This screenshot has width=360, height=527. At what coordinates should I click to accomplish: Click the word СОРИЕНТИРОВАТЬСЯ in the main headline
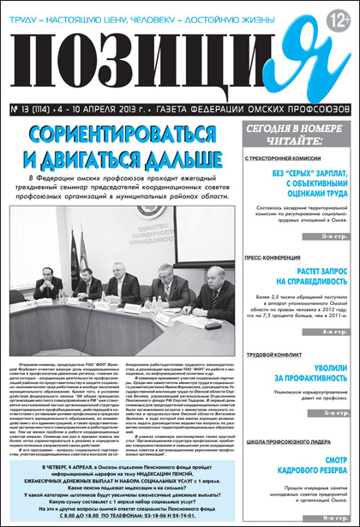[124, 134]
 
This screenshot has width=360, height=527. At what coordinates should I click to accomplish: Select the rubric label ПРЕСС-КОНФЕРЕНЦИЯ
[275, 255]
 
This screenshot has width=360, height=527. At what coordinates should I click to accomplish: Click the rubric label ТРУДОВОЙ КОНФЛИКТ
[273, 353]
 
